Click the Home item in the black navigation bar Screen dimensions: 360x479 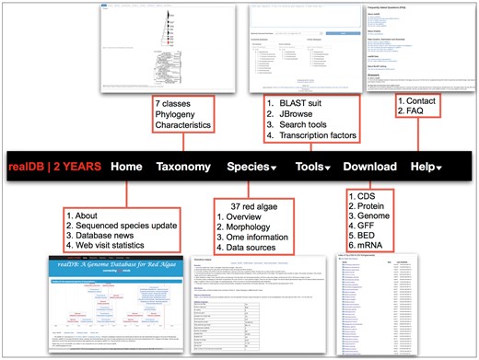coord(125,168)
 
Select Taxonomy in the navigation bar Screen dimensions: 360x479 coord(184,168)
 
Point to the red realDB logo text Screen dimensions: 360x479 coord(30,168)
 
